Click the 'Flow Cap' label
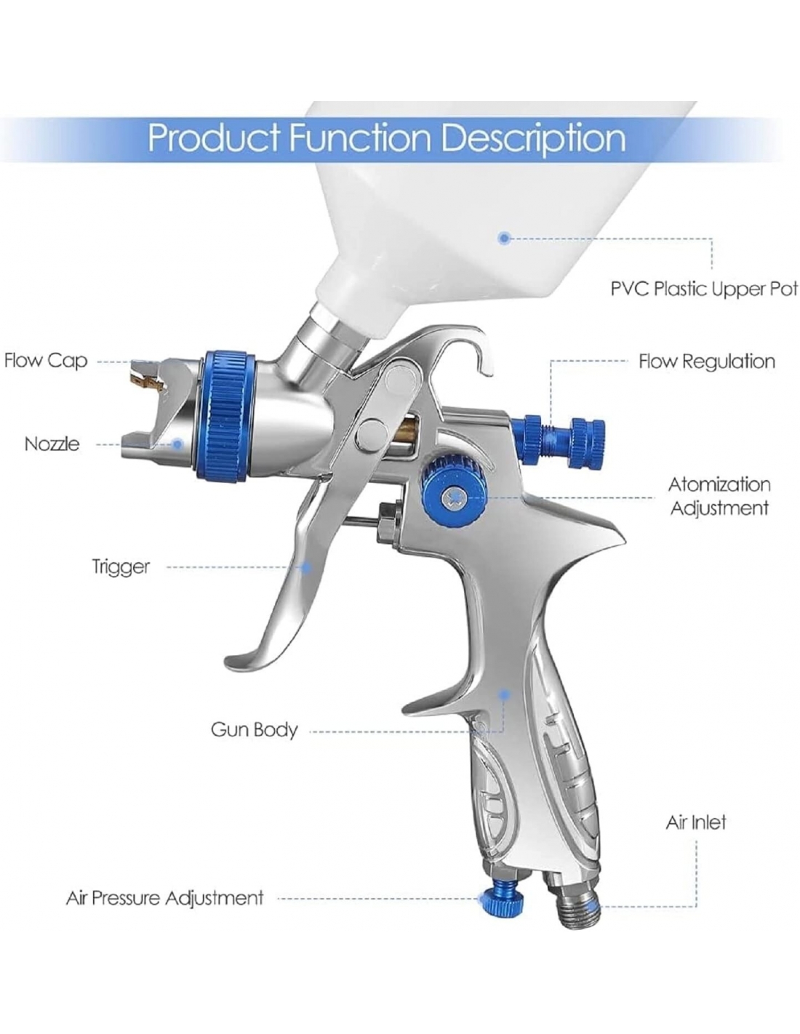point(46,361)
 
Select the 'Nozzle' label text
point(52,444)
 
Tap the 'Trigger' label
point(121,566)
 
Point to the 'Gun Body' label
point(254,729)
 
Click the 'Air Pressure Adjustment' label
point(164,898)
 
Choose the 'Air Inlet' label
point(696,822)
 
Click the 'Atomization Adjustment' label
point(719,496)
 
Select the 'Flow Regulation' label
point(706,361)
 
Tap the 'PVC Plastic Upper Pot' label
point(703,289)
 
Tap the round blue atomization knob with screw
point(445,488)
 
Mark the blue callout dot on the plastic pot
point(504,238)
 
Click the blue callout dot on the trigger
point(307,567)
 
